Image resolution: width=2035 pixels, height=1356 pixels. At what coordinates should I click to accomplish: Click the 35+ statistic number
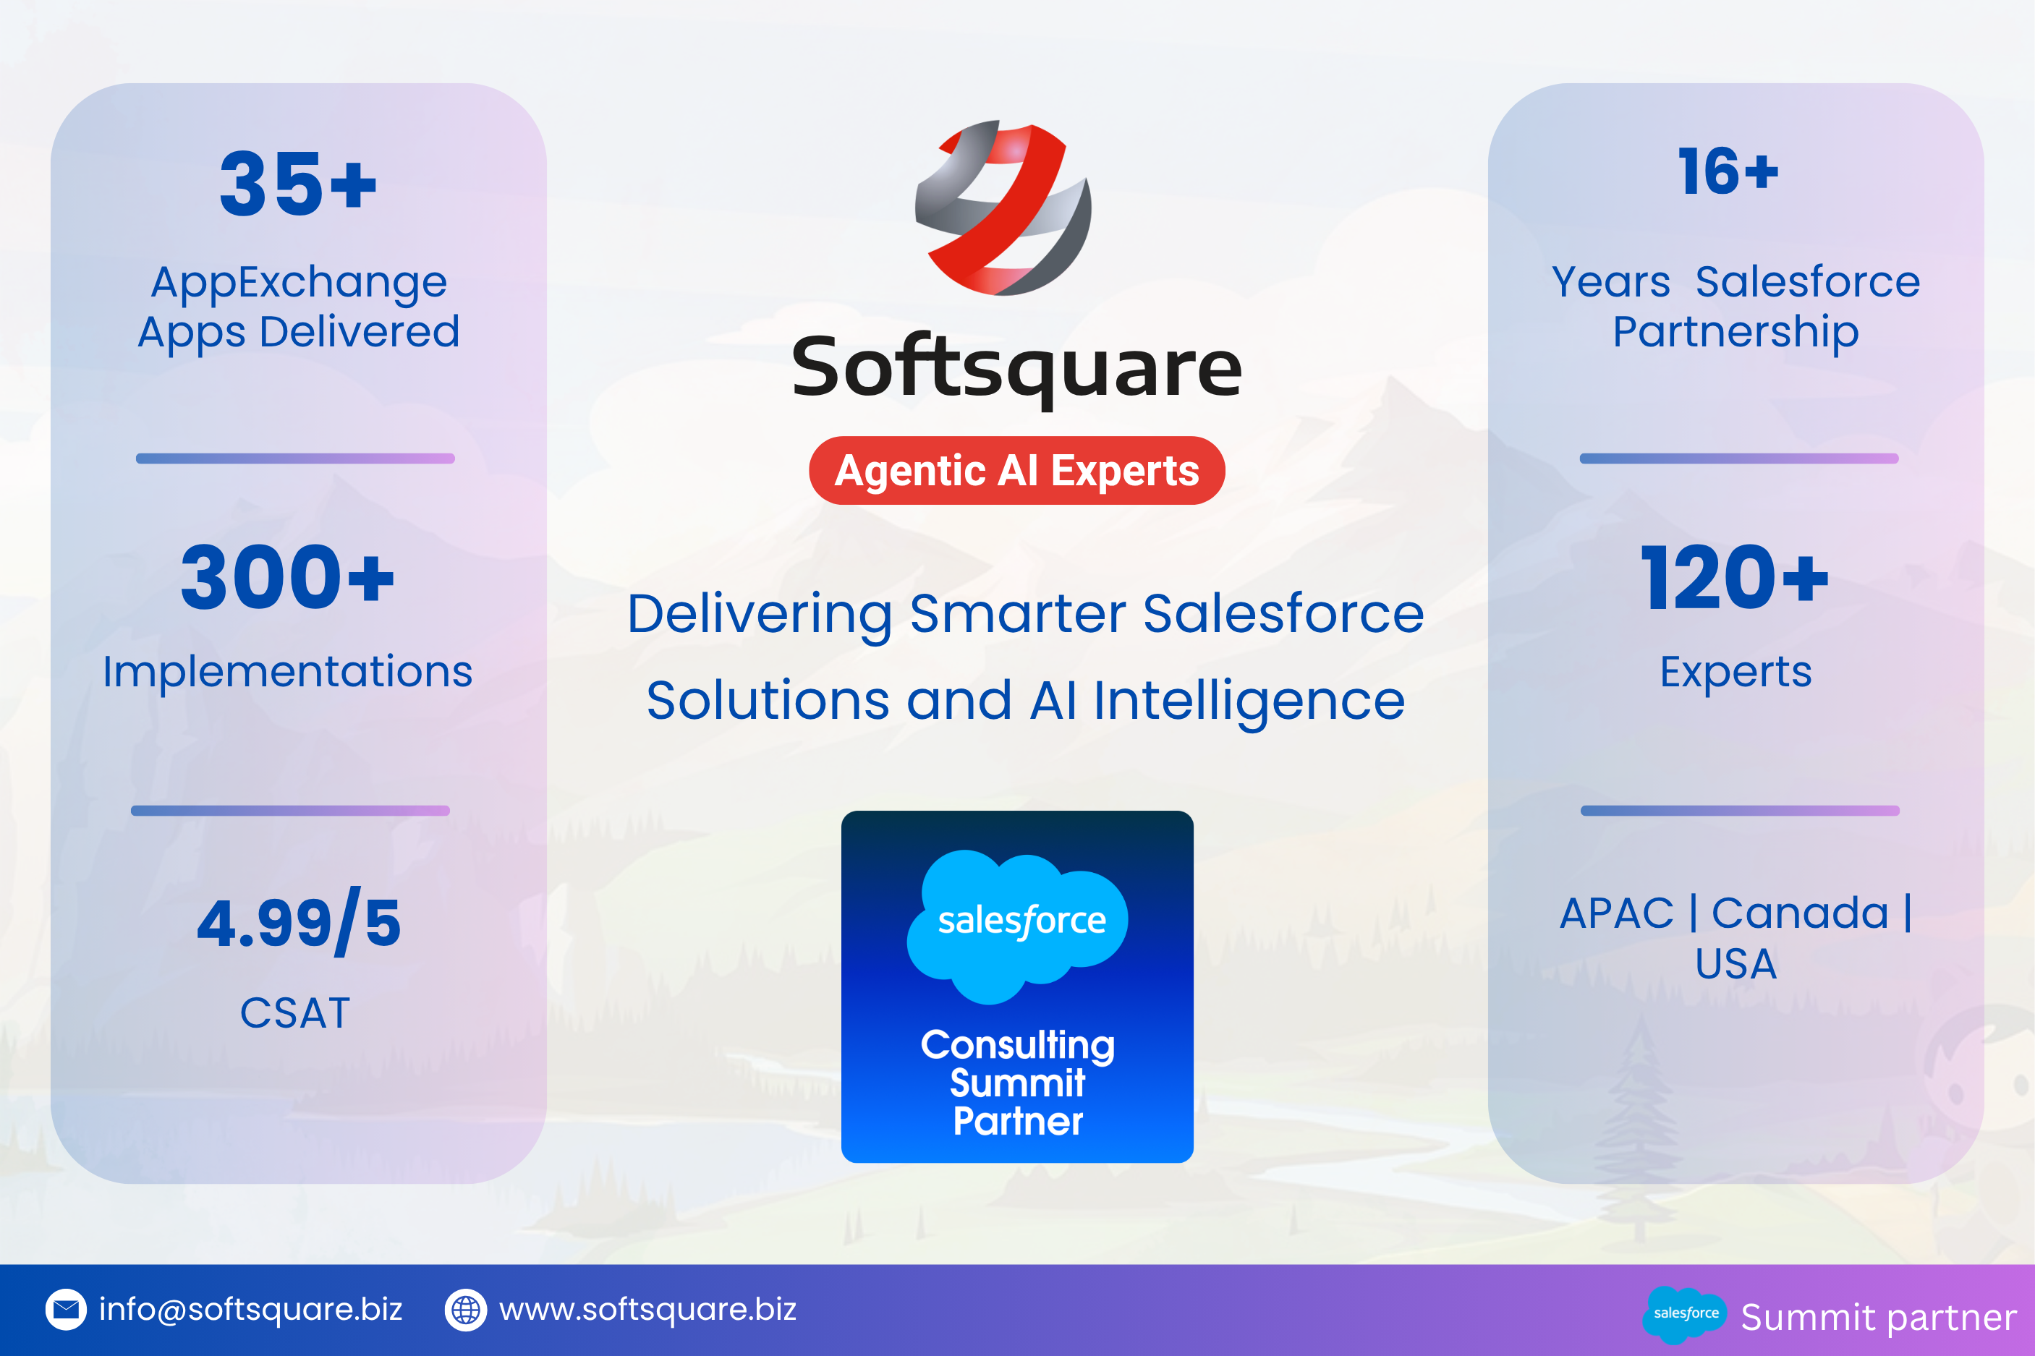tap(298, 184)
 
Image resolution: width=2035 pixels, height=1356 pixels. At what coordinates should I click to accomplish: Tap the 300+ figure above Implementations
tap(287, 577)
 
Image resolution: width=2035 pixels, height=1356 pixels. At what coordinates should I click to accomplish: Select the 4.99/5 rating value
tap(299, 922)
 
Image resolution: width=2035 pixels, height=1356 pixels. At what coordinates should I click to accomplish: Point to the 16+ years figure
tap(1729, 171)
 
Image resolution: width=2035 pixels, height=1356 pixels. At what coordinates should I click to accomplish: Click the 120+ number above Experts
tap(1735, 577)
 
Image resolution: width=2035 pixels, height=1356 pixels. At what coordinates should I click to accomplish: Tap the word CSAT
tap(295, 1012)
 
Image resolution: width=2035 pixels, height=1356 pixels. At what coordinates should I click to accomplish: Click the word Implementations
tap(288, 672)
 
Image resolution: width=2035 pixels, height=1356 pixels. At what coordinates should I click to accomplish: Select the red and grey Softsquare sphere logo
tap(1003, 208)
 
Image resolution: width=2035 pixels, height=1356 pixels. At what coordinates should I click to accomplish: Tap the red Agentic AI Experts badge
tap(1017, 471)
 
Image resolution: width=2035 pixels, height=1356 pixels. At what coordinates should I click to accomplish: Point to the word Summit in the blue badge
tap(1018, 1083)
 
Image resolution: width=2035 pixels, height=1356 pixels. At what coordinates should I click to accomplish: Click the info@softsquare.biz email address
tap(251, 1309)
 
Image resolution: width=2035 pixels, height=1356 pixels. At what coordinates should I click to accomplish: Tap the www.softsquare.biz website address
tap(647, 1309)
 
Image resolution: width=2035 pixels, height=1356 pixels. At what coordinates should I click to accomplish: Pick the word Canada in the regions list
tap(1800, 913)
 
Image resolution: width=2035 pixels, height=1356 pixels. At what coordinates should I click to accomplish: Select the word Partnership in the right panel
tap(1736, 333)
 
